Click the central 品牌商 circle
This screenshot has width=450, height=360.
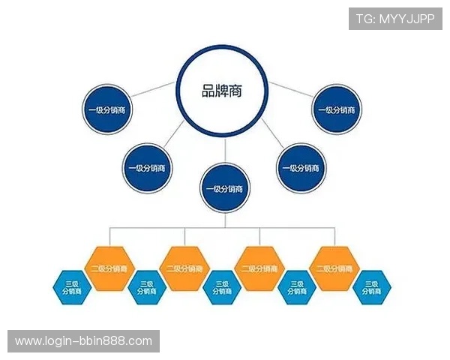(x=223, y=91)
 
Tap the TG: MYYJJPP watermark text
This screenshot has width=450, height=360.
(x=395, y=19)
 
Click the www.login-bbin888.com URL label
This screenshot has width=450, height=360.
(x=83, y=341)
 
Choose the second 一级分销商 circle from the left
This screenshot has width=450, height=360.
(x=147, y=166)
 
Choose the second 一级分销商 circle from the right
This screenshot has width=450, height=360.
(x=302, y=166)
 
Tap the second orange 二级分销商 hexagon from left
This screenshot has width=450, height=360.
(x=184, y=268)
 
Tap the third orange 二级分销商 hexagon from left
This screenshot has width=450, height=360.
(x=259, y=268)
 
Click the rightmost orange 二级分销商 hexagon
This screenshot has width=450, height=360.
(x=334, y=268)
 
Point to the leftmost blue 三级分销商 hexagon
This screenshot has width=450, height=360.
(x=71, y=287)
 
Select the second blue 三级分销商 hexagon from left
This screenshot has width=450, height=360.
(x=146, y=287)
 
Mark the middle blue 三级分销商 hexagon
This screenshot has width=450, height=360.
(x=222, y=287)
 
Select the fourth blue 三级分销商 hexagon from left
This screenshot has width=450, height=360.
(x=297, y=287)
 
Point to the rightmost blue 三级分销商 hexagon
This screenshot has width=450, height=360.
(x=372, y=287)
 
